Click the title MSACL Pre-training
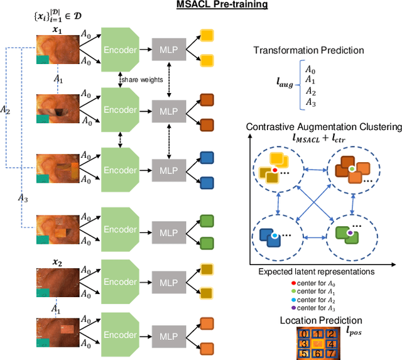coord(214,6)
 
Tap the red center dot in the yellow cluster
coord(274,170)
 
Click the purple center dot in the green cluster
coord(350,232)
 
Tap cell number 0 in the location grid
coord(305,334)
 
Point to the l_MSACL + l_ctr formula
coord(323,138)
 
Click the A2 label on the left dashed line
coord(5,109)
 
